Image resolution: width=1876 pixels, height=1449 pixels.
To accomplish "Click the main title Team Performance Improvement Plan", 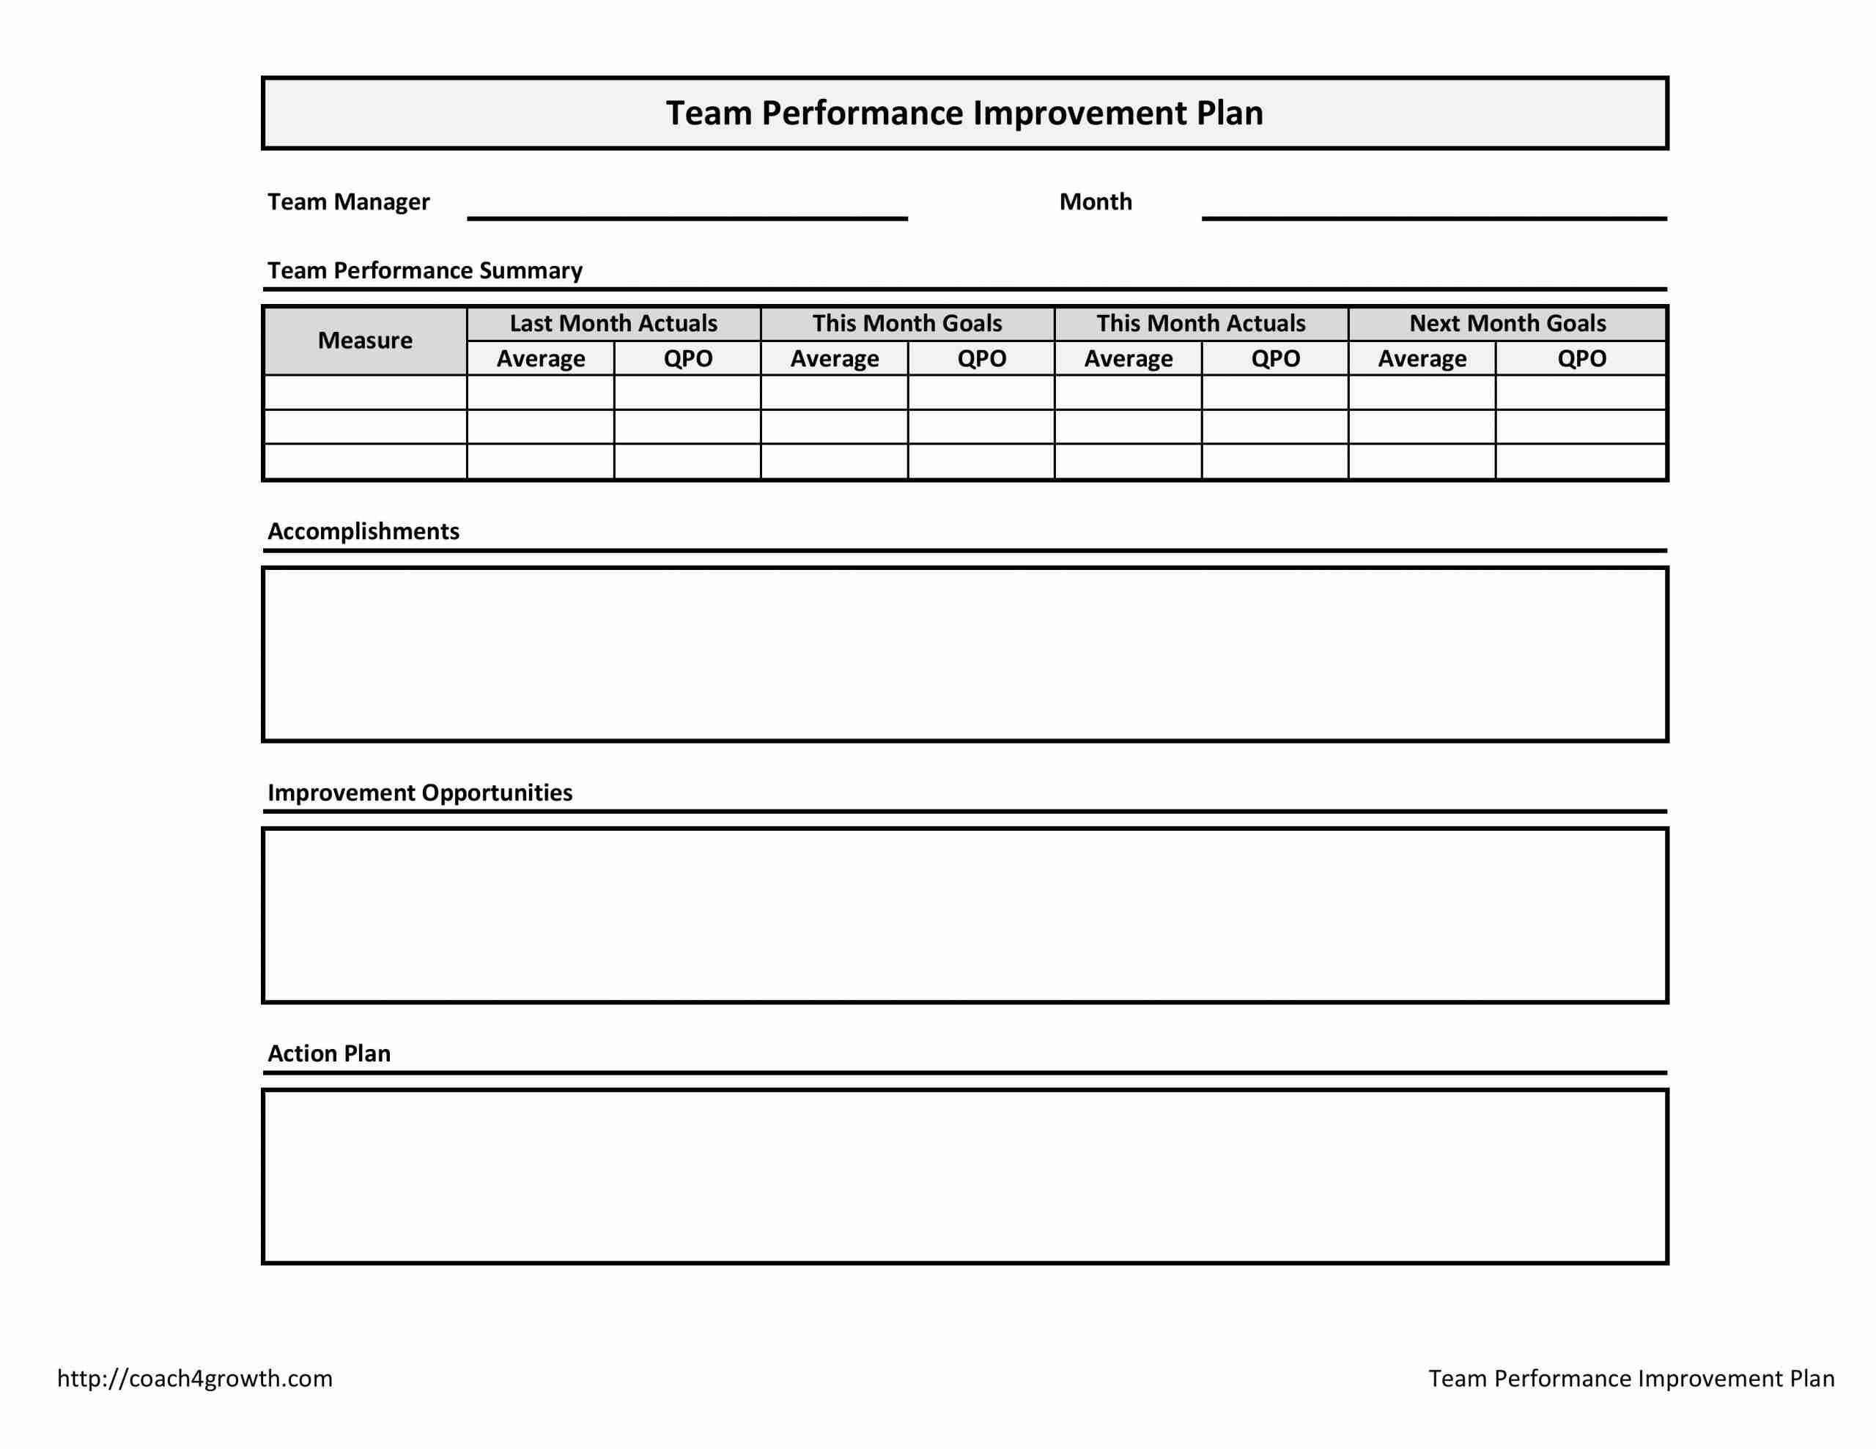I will click(964, 114).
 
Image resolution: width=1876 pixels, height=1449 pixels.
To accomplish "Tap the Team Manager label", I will click(348, 202).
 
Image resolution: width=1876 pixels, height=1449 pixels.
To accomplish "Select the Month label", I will click(1096, 202).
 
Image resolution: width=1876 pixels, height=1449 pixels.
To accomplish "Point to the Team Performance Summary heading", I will click(424, 270).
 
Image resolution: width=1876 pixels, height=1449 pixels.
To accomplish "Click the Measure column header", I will click(365, 340).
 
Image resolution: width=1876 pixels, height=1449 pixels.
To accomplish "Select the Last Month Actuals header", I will click(613, 323).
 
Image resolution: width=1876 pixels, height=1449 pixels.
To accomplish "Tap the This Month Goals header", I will click(907, 323).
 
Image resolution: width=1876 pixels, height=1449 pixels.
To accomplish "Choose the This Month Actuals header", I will click(1201, 323).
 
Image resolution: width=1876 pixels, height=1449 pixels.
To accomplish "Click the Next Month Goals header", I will click(1507, 323).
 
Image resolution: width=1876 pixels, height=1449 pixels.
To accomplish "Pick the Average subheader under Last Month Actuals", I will click(540, 358).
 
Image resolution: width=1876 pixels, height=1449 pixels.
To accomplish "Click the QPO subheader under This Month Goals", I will click(981, 358).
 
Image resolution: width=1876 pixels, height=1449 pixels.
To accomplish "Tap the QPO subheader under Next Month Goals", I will click(1581, 358).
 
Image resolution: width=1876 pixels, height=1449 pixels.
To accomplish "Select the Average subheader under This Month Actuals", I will click(1128, 358).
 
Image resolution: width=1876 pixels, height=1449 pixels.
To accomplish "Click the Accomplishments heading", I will click(363, 531).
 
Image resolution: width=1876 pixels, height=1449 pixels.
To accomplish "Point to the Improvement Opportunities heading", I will click(419, 792).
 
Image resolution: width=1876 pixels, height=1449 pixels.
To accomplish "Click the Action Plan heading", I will click(329, 1053).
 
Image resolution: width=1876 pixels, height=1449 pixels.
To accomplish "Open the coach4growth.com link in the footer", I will click(195, 1378).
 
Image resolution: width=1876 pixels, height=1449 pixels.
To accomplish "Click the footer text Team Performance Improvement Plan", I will click(1631, 1378).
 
